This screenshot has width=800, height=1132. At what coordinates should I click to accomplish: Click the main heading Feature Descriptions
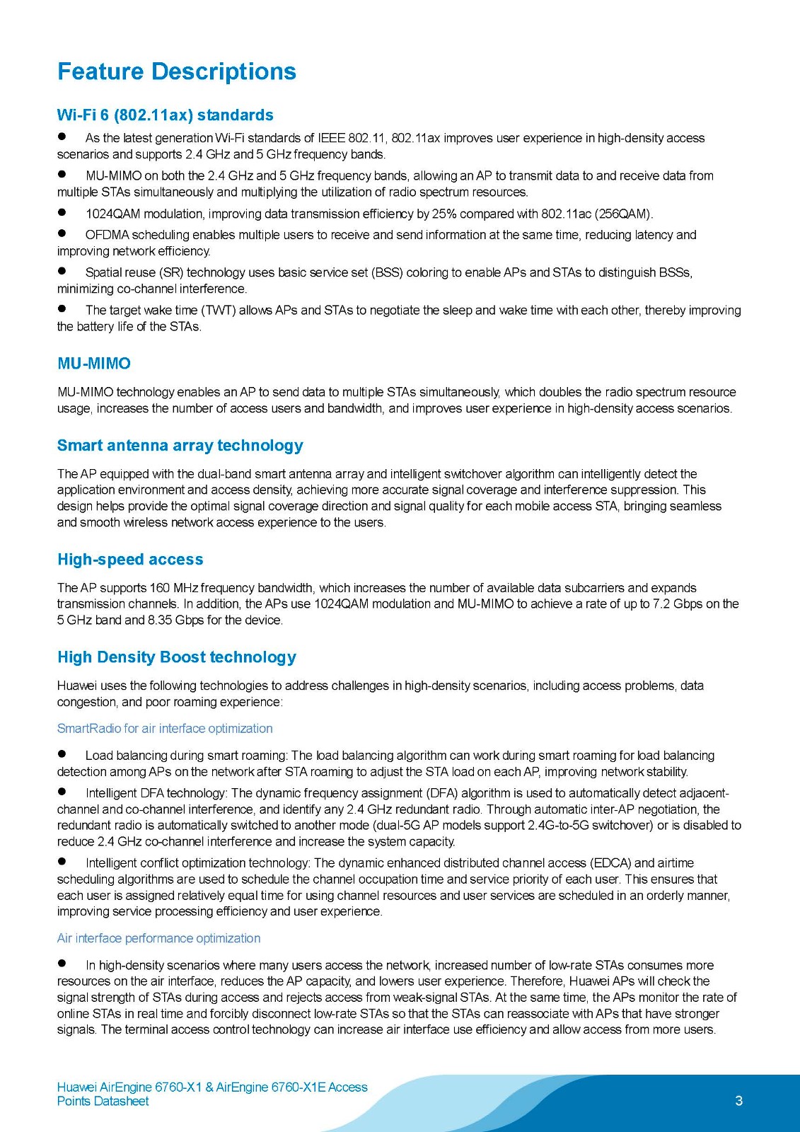tap(177, 71)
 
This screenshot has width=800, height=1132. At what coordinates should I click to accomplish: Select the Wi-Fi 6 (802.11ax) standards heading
tap(165, 115)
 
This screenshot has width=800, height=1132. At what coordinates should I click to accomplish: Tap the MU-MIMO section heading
tap(94, 364)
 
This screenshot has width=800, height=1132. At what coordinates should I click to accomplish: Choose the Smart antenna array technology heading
tap(180, 446)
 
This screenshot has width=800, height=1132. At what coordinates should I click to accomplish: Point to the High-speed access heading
tap(130, 560)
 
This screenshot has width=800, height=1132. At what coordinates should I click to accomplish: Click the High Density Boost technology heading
tap(177, 657)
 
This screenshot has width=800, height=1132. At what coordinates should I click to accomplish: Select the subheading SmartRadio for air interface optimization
tap(165, 729)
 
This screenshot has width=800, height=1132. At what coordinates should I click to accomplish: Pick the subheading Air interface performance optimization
tap(158, 938)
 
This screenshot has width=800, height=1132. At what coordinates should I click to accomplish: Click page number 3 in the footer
tap(739, 1101)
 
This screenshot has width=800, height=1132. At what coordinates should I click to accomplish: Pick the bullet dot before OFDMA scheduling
tap(62, 233)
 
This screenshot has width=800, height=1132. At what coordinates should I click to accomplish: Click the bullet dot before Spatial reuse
tap(62, 270)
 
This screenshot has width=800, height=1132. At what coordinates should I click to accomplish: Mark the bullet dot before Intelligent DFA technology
tap(62, 791)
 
